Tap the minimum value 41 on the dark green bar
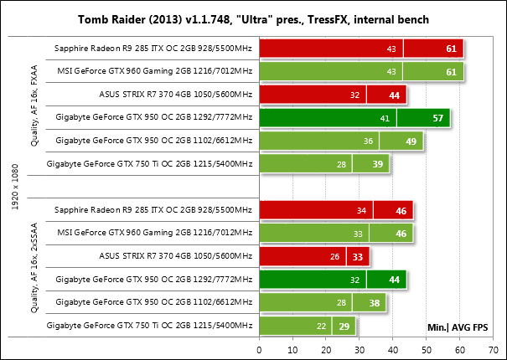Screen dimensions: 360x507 [385, 119]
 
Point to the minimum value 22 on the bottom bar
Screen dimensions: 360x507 [322, 324]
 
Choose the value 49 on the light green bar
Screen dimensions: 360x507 [411, 142]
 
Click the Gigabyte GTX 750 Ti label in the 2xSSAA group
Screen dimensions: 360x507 [149, 324]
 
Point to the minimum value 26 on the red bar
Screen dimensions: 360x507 [335, 255]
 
